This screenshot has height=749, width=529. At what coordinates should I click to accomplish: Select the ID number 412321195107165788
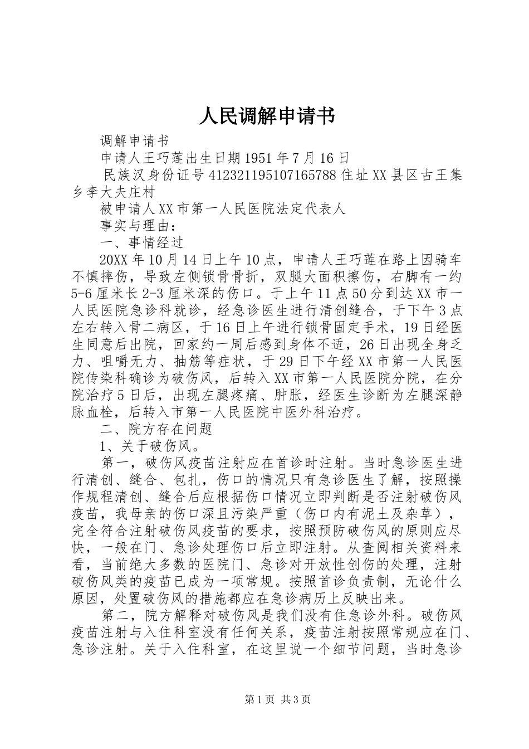pos(272,176)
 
